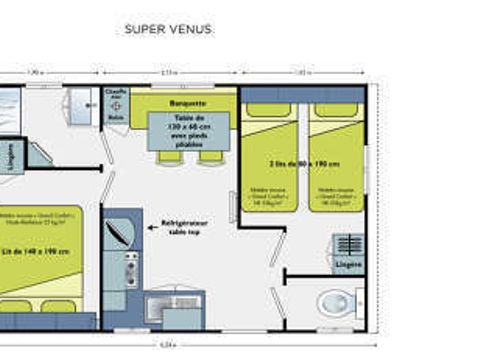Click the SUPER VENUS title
(x=168, y=29)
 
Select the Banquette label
(x=188, y=102)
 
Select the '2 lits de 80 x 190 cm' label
(x=302, y=162)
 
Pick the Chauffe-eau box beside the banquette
(x=116, y=103)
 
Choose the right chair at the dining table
(x=210, y=156)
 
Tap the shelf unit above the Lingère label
(x=348, y=245)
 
